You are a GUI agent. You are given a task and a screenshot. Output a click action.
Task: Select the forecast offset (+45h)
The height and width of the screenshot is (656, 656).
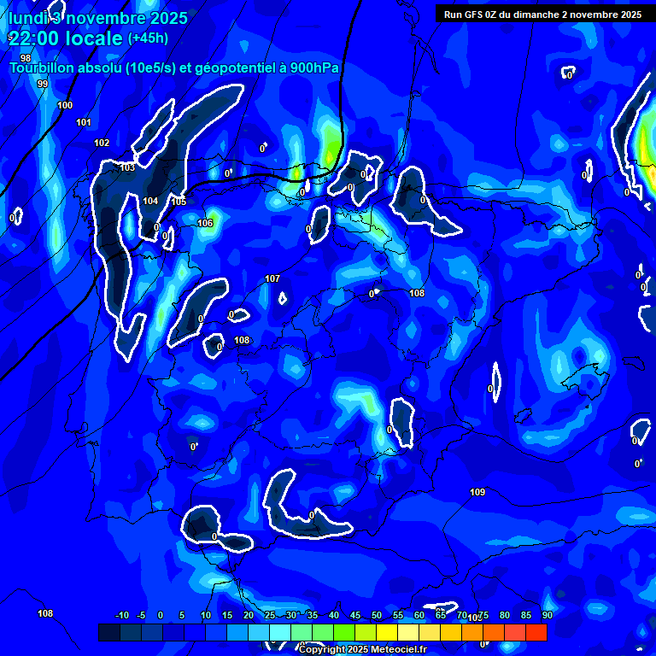(148, 38)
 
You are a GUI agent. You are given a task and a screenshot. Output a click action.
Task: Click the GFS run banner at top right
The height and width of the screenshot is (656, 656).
(543, 14)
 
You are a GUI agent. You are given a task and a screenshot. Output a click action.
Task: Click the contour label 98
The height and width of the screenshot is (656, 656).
(26, 59)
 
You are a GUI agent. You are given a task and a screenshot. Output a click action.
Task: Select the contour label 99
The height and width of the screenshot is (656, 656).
(43, 84)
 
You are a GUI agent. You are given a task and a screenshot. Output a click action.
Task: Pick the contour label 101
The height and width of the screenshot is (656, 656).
(84, 123)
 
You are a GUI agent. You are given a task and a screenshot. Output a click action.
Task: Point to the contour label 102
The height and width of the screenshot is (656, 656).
(102, 143)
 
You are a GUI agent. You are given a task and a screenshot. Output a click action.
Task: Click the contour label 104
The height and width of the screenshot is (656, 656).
(150, 201)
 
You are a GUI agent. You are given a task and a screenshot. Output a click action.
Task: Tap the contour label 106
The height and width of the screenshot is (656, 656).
(205, 223)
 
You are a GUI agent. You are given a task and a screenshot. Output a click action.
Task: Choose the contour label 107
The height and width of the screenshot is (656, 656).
(272, 279)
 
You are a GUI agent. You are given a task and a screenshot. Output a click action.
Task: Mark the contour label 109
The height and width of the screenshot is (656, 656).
(477, 492)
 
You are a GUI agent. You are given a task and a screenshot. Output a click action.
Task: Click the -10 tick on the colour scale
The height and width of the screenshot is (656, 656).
(121, 616)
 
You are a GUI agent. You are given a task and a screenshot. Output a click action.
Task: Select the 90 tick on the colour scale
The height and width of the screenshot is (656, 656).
(547, 616)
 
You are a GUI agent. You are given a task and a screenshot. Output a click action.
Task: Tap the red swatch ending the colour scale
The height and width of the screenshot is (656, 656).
(536, 632)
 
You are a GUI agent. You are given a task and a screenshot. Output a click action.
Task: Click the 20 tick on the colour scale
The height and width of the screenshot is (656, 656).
(248, 616)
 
